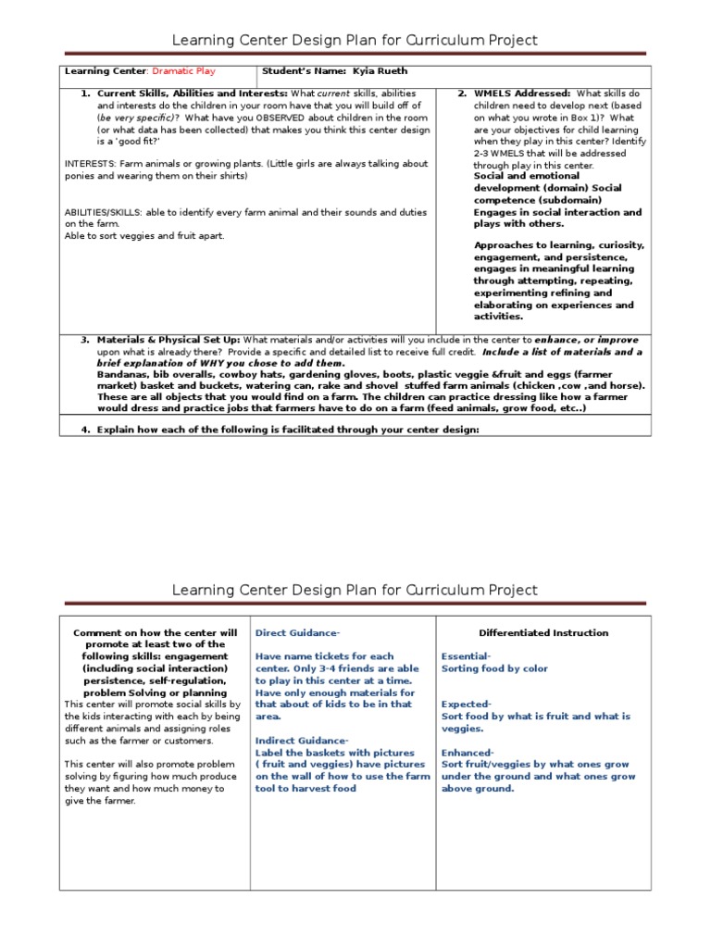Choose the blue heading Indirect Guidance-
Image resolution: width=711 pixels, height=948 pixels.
(302, 741)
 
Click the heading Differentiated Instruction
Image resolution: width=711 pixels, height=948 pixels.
(543, 633)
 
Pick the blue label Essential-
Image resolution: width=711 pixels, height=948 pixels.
(466, 656)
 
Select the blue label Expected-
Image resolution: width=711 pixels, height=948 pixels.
(466, 705)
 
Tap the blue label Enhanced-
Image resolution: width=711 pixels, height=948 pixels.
(468, 753)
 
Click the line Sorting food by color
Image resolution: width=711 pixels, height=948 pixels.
(494, 668)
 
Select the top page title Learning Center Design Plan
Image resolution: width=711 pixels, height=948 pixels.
(355, 40)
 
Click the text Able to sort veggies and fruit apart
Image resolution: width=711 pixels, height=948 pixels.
(144, 235)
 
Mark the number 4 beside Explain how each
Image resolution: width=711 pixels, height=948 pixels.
(84, 429)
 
